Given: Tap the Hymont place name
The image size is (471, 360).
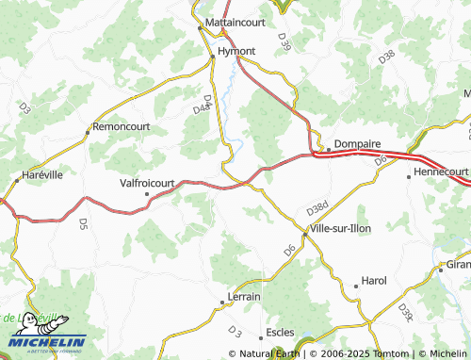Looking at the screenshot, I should pyautogui.click(x=236, y=50).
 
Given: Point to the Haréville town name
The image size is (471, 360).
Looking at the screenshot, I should pyautogui.click(x=42, y=175).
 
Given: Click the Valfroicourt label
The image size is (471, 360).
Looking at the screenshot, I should pyautogui.click(x=148, y=185).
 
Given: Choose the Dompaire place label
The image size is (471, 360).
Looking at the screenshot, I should pyautogui.click(x=357, y=144).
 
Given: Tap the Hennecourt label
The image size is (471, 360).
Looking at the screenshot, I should pyautogui.click(x=441, y=172).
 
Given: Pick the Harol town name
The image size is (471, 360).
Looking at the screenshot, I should pyautogui.click(x=374, y=281).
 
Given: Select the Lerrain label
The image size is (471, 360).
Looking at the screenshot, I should pyautogui.click(x=244, y=297).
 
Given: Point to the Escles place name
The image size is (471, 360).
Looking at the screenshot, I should pyautogui.click(x=280, y=333).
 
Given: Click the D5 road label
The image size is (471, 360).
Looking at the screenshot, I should pyautogui.click(x=83, y=224).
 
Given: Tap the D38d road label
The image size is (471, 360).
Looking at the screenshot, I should pyautogui.click(x=318, y=206).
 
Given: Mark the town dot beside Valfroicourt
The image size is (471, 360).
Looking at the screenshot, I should pyautogui.click(x=146, y=195).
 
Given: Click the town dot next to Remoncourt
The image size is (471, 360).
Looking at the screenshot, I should pyautogui.click(x=88, y=132).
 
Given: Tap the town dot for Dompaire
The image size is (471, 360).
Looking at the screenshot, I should pyautogui.click(x=327, y=148).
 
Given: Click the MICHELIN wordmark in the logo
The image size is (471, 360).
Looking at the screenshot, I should pyautogui.click(x=47, y=342).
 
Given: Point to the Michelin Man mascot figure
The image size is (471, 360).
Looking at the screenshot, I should pyautogui.click(x=32, y=322).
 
